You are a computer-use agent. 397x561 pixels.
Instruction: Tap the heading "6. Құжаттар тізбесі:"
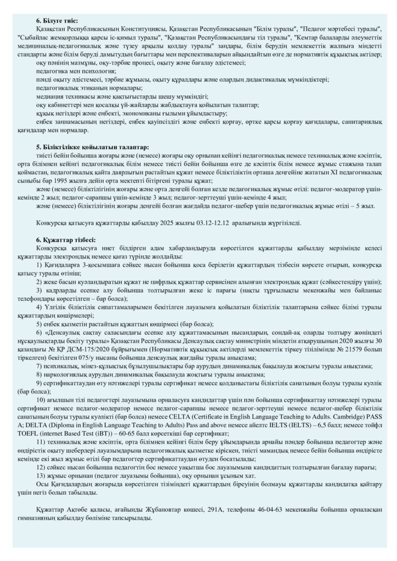[x=65, y=239]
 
